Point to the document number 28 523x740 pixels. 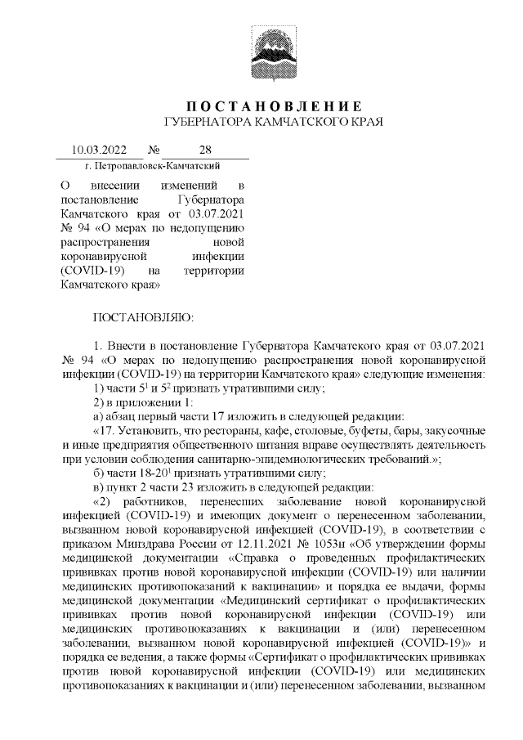(204, 150)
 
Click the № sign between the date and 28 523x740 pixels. (154, 150)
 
